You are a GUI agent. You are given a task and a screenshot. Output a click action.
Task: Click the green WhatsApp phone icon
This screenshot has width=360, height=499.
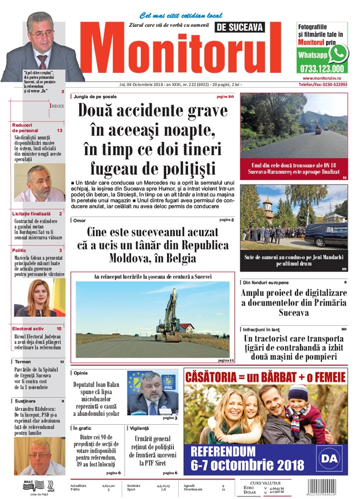[x=338, y=53]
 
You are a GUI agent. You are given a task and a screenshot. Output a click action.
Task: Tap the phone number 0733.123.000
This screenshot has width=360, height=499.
[x=322, y=69]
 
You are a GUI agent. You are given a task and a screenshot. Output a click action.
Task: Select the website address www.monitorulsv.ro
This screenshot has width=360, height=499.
[x=325, y=78]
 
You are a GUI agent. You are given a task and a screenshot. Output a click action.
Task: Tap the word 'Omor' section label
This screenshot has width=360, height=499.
[x=79, y=220]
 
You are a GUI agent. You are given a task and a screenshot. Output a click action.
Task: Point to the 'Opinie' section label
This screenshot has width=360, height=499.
[x=81, y=373]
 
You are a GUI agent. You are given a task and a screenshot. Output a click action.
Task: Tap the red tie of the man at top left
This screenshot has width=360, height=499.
[x=43, y=61]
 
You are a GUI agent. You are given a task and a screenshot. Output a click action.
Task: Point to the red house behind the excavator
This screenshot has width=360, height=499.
[x=187, y=328]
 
